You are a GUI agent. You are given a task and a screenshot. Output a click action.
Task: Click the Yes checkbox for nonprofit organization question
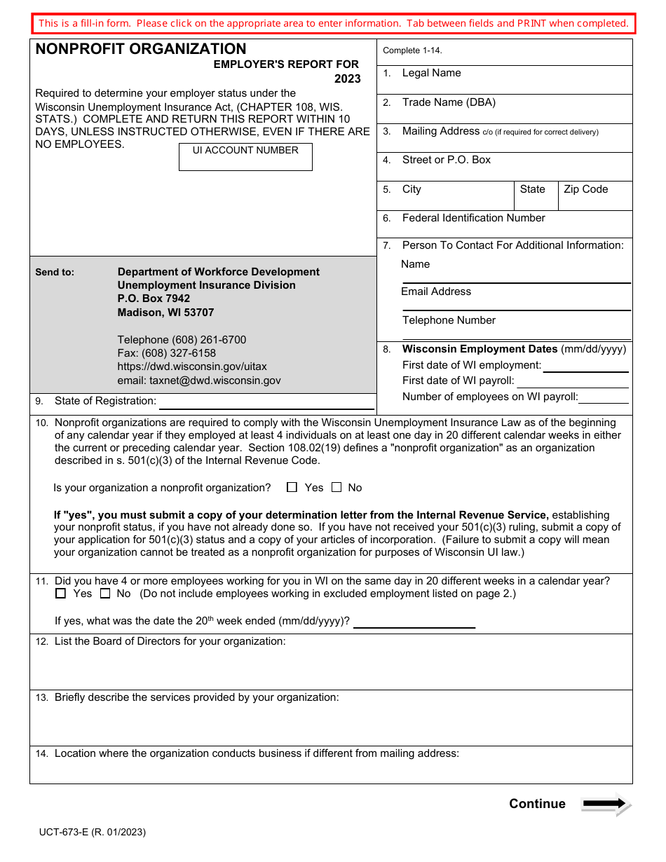292,487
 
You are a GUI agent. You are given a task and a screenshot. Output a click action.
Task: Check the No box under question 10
337,487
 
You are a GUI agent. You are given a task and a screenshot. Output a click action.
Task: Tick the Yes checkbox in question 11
61,594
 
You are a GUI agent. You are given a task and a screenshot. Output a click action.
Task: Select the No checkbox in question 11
105,594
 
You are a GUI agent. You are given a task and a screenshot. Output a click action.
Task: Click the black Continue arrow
606,804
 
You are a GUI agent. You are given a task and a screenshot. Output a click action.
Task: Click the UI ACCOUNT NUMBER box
245,158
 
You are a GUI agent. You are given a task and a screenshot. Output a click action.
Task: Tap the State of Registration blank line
266,402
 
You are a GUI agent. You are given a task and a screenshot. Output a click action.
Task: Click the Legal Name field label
431,73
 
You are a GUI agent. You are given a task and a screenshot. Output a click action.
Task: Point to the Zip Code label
585,189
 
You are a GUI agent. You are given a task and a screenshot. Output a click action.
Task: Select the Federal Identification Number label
473,218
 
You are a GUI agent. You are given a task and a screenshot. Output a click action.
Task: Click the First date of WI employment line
585,366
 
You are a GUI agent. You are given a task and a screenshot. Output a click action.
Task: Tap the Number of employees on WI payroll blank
603,397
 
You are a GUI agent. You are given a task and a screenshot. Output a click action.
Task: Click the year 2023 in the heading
347,78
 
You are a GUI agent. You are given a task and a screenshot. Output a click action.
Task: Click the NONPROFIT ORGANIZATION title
141,49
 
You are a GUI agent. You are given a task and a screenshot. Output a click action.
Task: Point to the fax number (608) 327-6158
167,353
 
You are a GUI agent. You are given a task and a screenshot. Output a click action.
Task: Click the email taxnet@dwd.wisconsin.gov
199,381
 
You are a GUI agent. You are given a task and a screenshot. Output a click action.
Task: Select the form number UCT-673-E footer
93,832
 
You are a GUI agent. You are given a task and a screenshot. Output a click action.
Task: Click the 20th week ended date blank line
414,622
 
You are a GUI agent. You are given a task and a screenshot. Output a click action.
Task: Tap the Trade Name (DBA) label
449,102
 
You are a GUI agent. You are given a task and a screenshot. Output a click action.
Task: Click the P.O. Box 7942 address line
154,299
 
